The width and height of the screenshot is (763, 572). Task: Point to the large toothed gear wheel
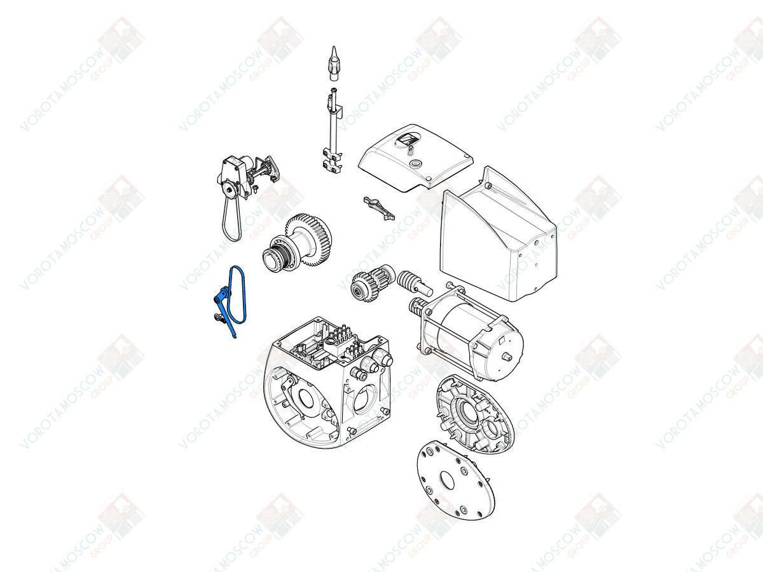click(308, 240)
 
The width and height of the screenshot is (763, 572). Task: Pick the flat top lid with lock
click(416, 156)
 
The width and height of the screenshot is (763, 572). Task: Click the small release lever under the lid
click(379, 208)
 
